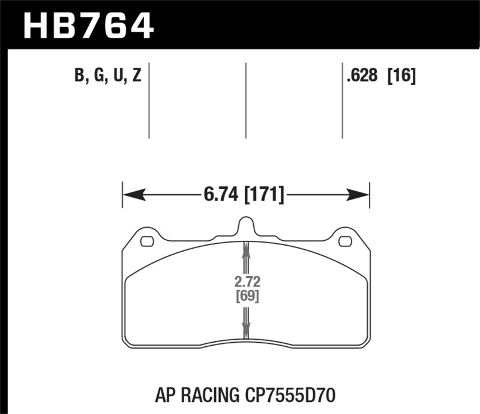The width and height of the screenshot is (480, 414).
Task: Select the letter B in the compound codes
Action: [x=79, y=77]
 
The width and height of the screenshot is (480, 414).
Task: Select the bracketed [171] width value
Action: [x=263, y=195]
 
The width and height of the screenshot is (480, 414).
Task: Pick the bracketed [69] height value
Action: [x=246, y=296]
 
